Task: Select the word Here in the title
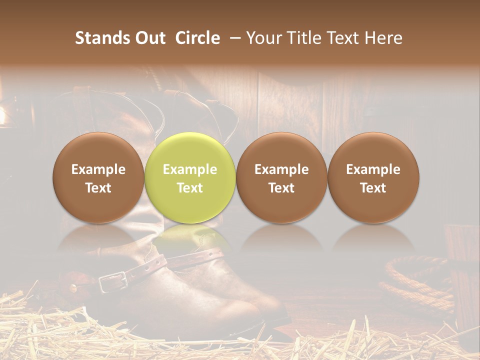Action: click(383, 38)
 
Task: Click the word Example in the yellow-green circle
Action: click(190, 169)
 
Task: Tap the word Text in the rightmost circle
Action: click(373, 188)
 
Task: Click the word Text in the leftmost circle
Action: click(98, 188)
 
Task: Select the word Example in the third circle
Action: click(281, 169)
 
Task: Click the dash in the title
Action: click(233, 38)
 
